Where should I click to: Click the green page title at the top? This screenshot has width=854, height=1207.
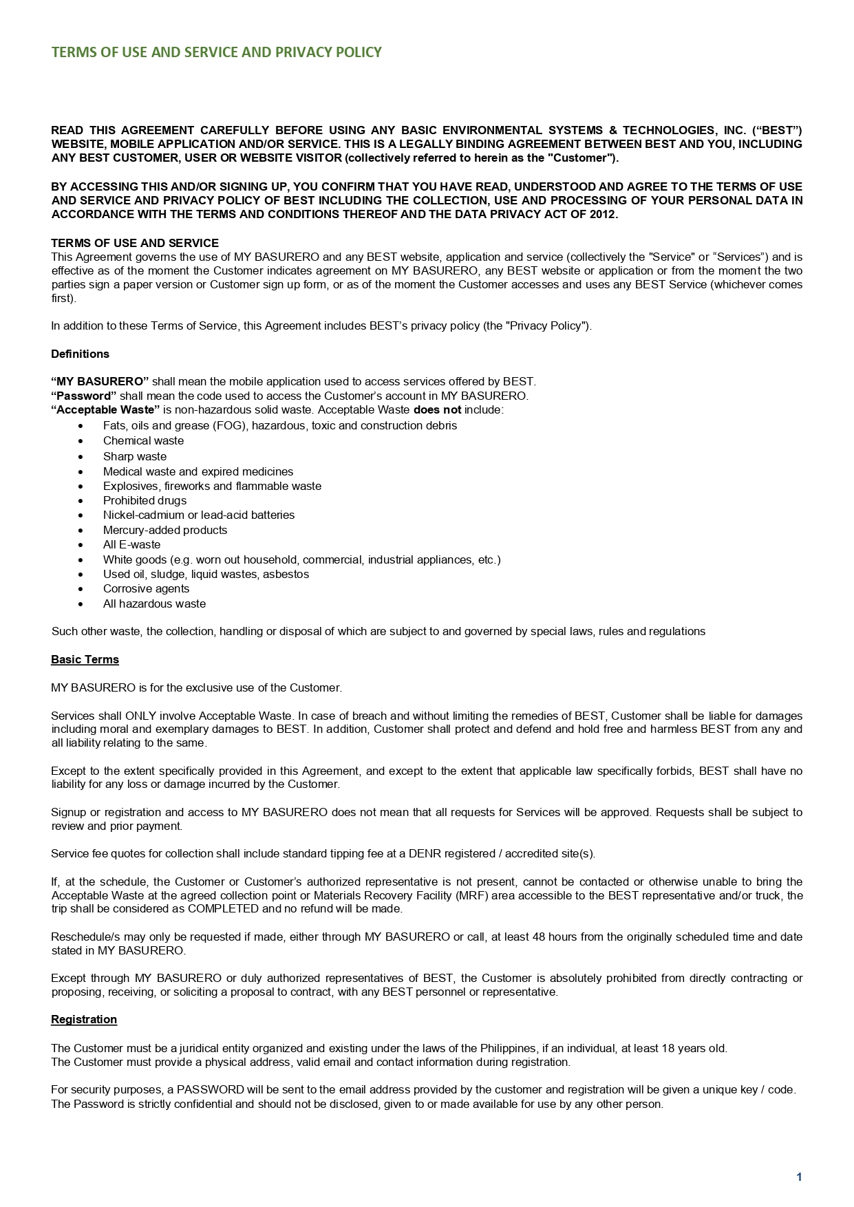pos(216,53)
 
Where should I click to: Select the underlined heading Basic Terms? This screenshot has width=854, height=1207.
pos(85,659)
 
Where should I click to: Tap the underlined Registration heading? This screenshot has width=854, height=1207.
pos(84,1019)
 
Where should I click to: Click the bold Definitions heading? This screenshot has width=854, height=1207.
pos(80,354)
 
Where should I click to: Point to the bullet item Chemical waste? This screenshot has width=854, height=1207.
pos(143,440)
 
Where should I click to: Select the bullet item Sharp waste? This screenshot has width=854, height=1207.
pos(135,456)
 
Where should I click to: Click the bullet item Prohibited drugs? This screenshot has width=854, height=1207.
pos(145,500)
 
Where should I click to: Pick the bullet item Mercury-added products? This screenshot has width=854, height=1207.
pos(165,530)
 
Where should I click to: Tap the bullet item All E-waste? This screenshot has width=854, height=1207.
pos(131,544)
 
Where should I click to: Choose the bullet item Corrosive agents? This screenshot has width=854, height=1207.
pos(146,588)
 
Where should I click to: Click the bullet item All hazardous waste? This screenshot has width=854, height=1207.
pos(154,603)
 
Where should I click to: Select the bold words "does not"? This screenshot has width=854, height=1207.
pos(437,410)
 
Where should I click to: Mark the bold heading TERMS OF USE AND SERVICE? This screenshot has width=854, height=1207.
pos(135,243)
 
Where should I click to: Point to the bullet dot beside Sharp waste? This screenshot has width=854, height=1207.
pos(81,457)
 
